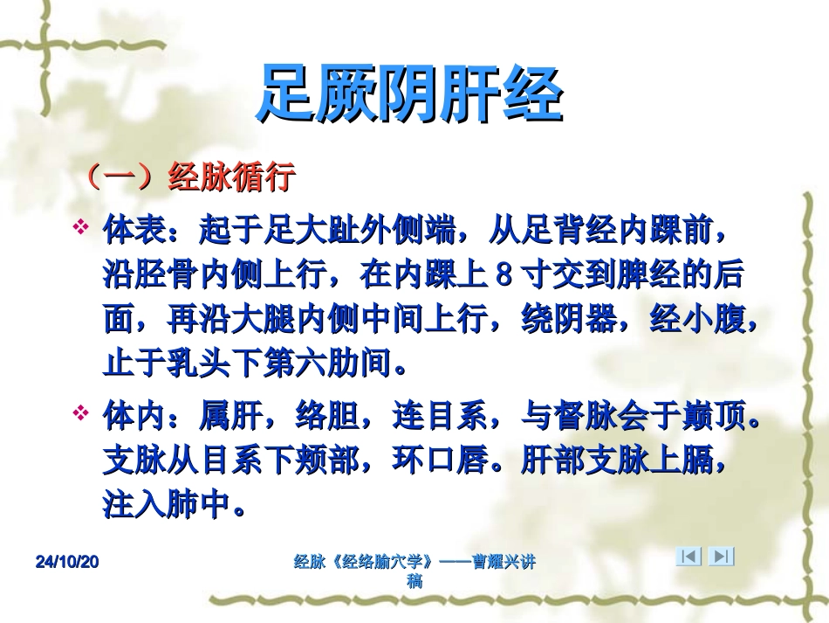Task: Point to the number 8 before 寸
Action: pyautogui.click(x=504, y=276)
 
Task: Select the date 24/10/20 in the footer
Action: pyautogui.click(x=68, y=563)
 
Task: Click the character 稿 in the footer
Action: pyautogui.click(x=415, y=581)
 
